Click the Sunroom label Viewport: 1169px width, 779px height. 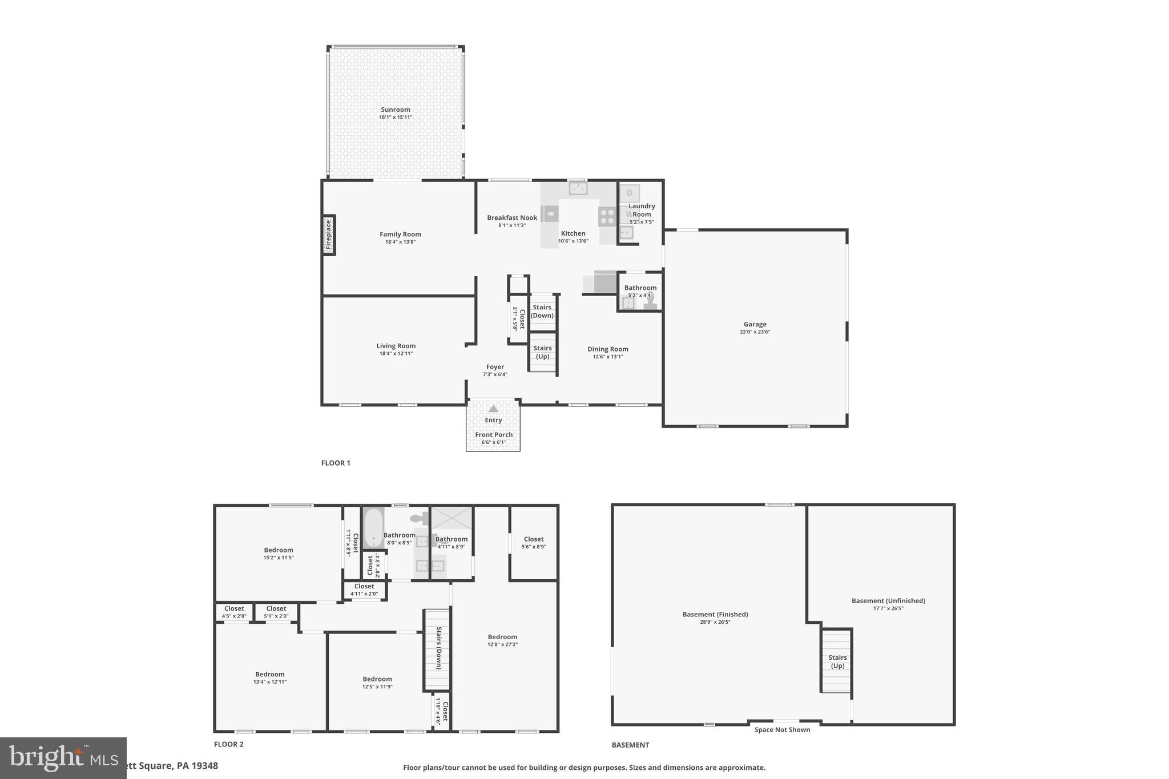[395, 110]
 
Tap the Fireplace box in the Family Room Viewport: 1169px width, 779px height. [328, 235]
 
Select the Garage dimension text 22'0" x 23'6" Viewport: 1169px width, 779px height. [755, 332]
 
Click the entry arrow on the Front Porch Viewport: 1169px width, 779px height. [493, 409]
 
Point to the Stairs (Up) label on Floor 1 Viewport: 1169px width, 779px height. [542, 352]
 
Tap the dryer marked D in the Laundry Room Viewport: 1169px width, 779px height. [630, 193]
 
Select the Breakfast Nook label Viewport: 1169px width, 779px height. [512, 217]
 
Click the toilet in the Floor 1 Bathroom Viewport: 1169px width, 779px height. [650, 301]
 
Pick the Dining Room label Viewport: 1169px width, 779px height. [607, 349]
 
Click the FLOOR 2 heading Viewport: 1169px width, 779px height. [228, 744]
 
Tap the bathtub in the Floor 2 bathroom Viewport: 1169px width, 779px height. [373, 528]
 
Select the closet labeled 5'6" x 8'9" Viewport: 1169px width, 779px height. [533, 542]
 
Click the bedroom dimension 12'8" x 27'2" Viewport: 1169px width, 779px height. [502, 644]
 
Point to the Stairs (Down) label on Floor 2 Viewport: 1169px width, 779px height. [438, 648]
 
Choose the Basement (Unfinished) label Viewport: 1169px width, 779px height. [888, 600]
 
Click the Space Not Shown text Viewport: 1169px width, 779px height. [782, 729]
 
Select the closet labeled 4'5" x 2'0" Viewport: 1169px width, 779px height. [234, 612]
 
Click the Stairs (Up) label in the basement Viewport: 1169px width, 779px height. [837, 661]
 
